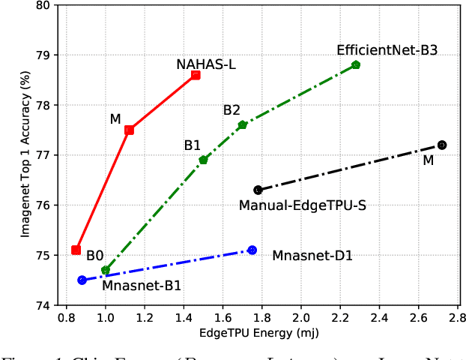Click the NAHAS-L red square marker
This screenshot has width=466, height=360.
coord(196,75)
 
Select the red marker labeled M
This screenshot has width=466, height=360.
coord(129,130)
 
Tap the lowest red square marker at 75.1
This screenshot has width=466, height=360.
coord(76,250)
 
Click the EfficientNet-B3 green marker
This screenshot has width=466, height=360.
coord(356,65)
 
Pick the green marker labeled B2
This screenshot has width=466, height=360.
coord(242,124)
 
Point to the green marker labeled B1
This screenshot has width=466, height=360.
coord(203,160)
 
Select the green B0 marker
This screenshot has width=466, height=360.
coord(106,270)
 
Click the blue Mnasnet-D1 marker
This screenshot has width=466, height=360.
coord(252,250)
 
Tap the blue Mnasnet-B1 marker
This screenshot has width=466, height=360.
coord(82,280)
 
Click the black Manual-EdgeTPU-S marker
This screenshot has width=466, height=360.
coord(258,190)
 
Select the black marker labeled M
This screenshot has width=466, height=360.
coord(442,145)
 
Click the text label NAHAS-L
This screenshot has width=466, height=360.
coord(206,64)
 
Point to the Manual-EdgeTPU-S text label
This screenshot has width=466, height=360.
coord(302,205)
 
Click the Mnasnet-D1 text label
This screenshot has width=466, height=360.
coord(312,256)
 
